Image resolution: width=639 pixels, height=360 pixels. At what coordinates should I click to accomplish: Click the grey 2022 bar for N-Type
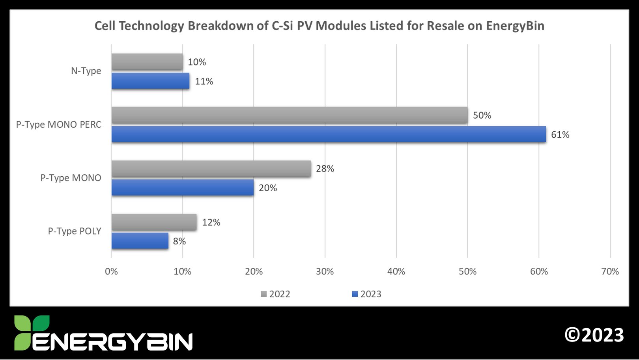pyautogui.click(x=147, y=62)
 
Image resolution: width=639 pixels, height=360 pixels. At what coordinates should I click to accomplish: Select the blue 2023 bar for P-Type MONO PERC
pyautogui.click(x=329, y=134)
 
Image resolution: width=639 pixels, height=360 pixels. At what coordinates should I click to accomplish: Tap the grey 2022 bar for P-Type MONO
pyautogui.click(x=211, y=169)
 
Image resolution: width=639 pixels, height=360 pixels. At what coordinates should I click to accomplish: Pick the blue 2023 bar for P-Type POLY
pyautogui.click(x=140, y=241)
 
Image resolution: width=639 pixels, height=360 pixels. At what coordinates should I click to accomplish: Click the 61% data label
pyautogui.click(x=560, y=135)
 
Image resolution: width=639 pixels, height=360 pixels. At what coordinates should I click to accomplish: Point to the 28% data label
pyautogui.click(x=325, y=169)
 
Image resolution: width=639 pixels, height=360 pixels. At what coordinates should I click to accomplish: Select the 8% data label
pyautogui.click(x=179, y=241)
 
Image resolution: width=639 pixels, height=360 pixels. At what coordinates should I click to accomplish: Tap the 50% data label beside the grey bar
pyautogui.click(x=482, y=116)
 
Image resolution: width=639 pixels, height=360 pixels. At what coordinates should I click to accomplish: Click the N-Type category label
pyautogui.click(x=86, y=71)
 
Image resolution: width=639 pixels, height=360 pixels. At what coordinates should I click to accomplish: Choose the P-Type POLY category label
pyautogui.click(x=75, y=231)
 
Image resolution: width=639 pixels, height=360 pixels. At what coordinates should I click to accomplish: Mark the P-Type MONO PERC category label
pyautogui.click(x=59, y=125)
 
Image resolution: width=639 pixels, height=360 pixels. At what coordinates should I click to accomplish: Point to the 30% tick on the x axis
pyautogui.click(x=325, y=272)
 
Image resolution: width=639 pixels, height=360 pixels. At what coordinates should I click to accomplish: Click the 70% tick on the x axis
pyautogui.click(x=610, y=272)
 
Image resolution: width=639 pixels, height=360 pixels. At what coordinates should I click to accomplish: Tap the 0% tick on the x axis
pyautogui.click(x=111, y=272)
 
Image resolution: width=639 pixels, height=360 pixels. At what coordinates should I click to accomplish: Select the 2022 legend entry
pyautogui.click(x=276, y=294)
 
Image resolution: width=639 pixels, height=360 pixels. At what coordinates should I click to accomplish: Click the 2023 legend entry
pyautogui.click(x=367, y=294)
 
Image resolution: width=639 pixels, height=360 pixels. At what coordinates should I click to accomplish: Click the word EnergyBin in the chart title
pyautogui.click(x=515, y=26)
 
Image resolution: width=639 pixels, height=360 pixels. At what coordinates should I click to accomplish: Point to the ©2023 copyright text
pyautogui.click(x=594, y=335)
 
